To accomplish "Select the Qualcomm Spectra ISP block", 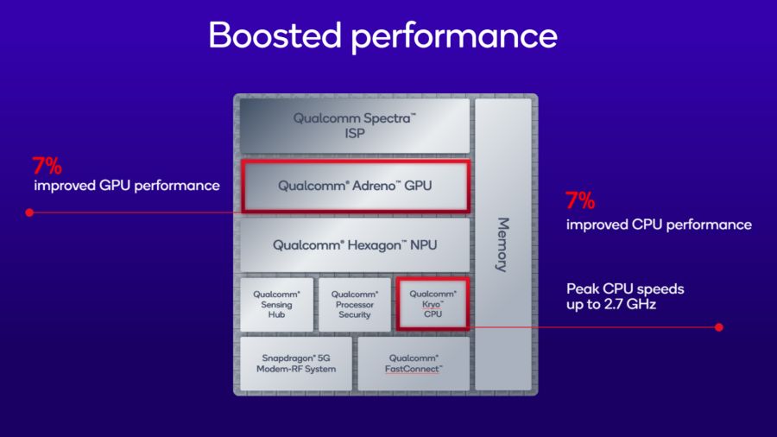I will click(x=354, y=126).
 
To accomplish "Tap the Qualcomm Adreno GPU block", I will click(x=354, y=186).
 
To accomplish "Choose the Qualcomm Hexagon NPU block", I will click(x=354, y=245).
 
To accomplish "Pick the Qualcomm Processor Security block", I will click(x=354, y=304).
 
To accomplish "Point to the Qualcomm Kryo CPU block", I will click(x=433, y=304).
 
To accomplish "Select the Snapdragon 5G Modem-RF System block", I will click(x=294, y=364).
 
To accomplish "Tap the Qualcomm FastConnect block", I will click(x=414, y=364).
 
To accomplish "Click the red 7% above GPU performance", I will click(x=47, y=165).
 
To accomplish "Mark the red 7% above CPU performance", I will click(x=580, y=202).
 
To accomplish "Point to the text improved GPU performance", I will click(x=126, y=186).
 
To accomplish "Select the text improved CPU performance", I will click(x=658, y=225).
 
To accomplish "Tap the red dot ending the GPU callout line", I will click(x=29, y=212).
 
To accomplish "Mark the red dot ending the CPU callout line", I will click(x=719, y=327).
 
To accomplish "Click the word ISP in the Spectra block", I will click(x=354, y=135).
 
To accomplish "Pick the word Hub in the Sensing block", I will click(x=276, y=315).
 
